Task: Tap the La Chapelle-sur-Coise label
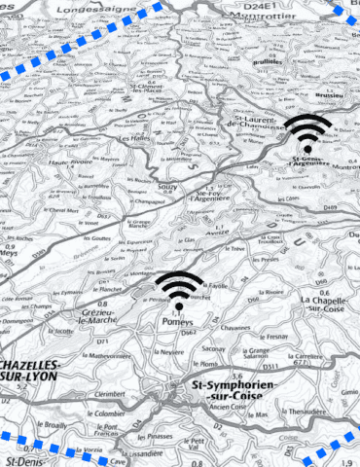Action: [325, 306]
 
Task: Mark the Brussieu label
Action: [325, 95]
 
